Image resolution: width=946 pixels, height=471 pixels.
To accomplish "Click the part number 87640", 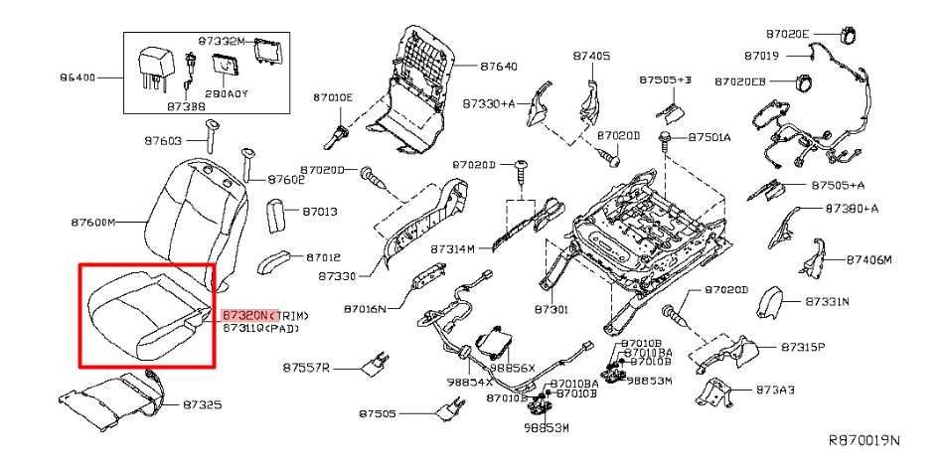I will [498, 67].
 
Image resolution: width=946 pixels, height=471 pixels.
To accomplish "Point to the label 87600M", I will [93, 222].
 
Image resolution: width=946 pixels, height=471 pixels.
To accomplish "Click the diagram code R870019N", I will [864, 439].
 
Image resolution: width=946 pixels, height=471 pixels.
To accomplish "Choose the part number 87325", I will [202, 405].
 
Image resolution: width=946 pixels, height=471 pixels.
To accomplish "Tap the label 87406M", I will [869, 259].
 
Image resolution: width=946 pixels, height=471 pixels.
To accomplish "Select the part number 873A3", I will [775, 390].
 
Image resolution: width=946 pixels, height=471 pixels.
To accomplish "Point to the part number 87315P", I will [803, 347].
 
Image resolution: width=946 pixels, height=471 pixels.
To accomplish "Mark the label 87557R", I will [305, 368].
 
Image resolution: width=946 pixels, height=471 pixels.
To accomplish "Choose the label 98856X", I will [515, 368].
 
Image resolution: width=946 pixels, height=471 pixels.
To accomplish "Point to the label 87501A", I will [709, 137].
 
